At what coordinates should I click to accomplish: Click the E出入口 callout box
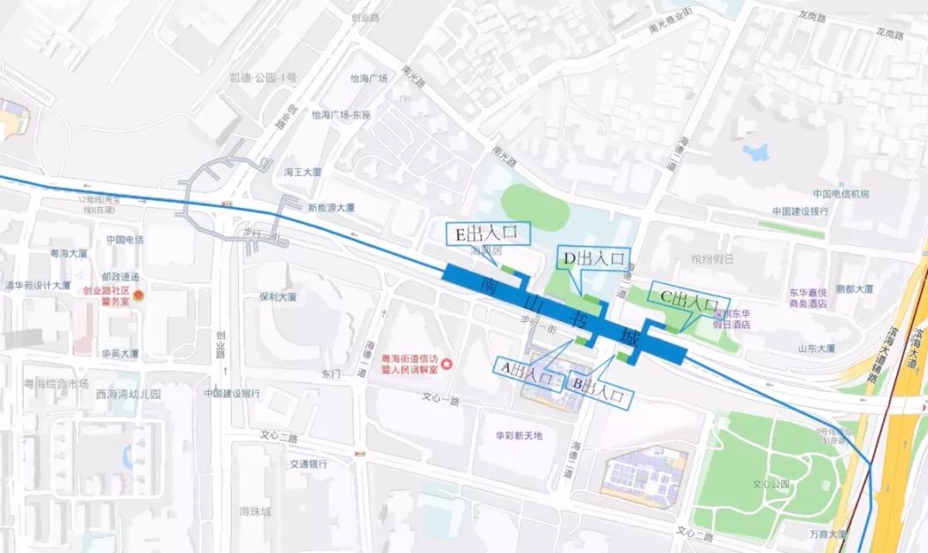(488, 233)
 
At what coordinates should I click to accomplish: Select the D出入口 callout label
(594, 258)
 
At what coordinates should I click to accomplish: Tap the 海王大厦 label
(302, 172)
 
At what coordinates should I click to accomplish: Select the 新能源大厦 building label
(332, 207)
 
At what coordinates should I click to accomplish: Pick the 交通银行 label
(308, 464)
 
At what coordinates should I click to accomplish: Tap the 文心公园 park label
(770, 483)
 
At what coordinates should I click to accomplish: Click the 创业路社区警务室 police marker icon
(138, 295)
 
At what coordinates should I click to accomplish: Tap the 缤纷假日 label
(713, 258)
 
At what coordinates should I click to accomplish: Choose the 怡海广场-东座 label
(341, 114)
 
